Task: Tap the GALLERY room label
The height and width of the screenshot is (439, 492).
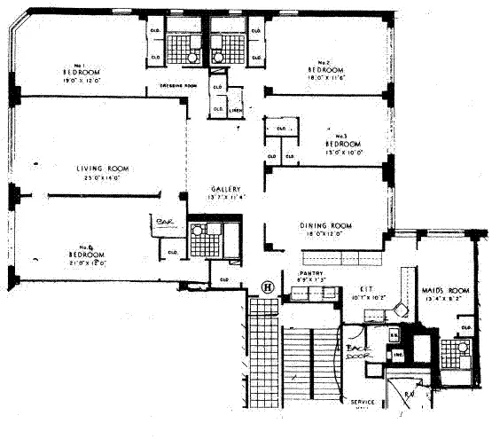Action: (x=226, y=189)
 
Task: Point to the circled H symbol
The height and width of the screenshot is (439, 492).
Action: (x=266, y=286)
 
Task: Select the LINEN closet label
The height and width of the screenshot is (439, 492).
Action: (x=235, y=111)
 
